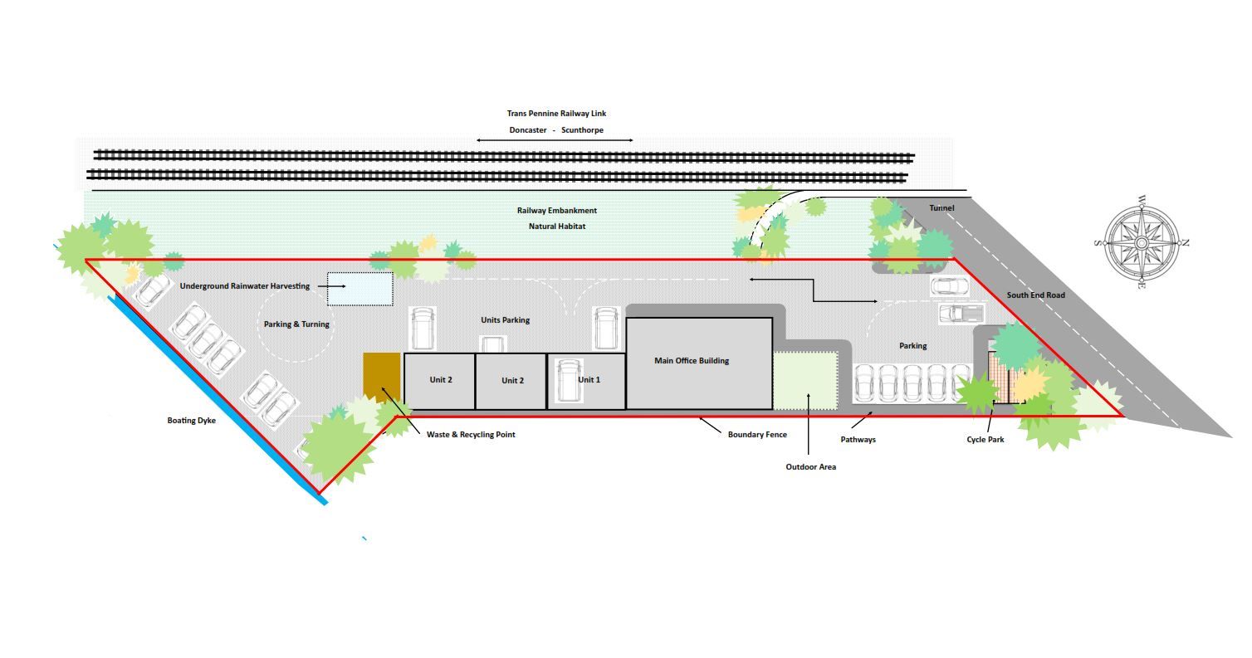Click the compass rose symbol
pyautogui.click(x=1142, y=243)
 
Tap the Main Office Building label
pyautogui.click(x=692, y=361)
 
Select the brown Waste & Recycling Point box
pyautogui.click(x=381, y=378)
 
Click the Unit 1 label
pyautogui.click(x=589, y=380)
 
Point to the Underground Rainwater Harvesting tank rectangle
pyautogui.click(x=360, y=289)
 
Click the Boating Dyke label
pyautogui.click(x=191, y=421)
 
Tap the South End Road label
pyautogui.click(x=1035, y=295)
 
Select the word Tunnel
pyautogui.click(x=941, y=207)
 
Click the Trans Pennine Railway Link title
pyautogui.click(x=556, y=114)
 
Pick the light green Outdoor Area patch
pyautogui.click(x=805, y=380)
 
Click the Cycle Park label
pyautogui.click(x=985, y=440)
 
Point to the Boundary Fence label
pyautogui.click(x=757, y=435)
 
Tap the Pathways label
pyautogui.click(x=858, y=440)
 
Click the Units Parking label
pyautogui.click(x=506, y=320)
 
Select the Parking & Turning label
pyautogui.click(x=296, y=324)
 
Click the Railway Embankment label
pyautogui.click(x=557, y=211)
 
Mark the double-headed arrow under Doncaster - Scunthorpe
pyautogui.click(x=555, y=140)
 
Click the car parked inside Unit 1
pyautogui.click(x=569, y=380)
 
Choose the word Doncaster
pyautogui.click(x=528, y=130)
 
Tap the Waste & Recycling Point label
pyautogui.click(x=471, y=435)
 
